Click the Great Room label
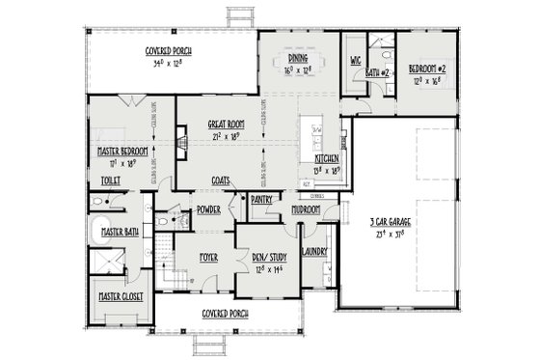[x=224, y=125]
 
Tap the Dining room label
[x=296, y=58]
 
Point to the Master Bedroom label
[x=121, y=152]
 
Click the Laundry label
[x=314, y=252]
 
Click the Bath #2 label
[x=377, y=72]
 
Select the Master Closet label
[x=119, y=295]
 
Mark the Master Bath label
[x=119, y=233]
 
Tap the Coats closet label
[x=220, y=180]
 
